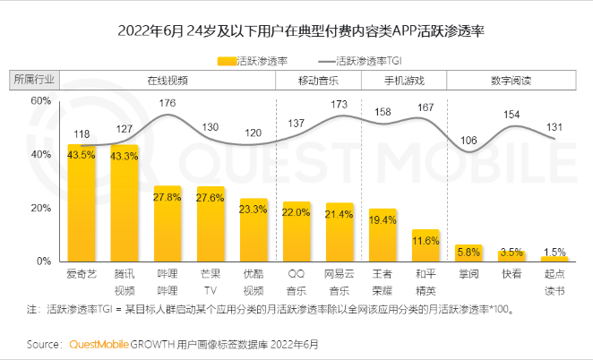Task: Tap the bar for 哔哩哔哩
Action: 168,223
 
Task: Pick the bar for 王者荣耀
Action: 382,234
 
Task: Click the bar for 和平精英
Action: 425,244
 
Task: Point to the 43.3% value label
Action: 125,156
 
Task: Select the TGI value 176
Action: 168,104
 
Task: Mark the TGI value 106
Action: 468,140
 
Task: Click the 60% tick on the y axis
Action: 40,100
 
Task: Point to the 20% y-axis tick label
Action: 40,208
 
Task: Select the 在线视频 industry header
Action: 168,80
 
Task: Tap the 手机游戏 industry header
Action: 404,80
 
